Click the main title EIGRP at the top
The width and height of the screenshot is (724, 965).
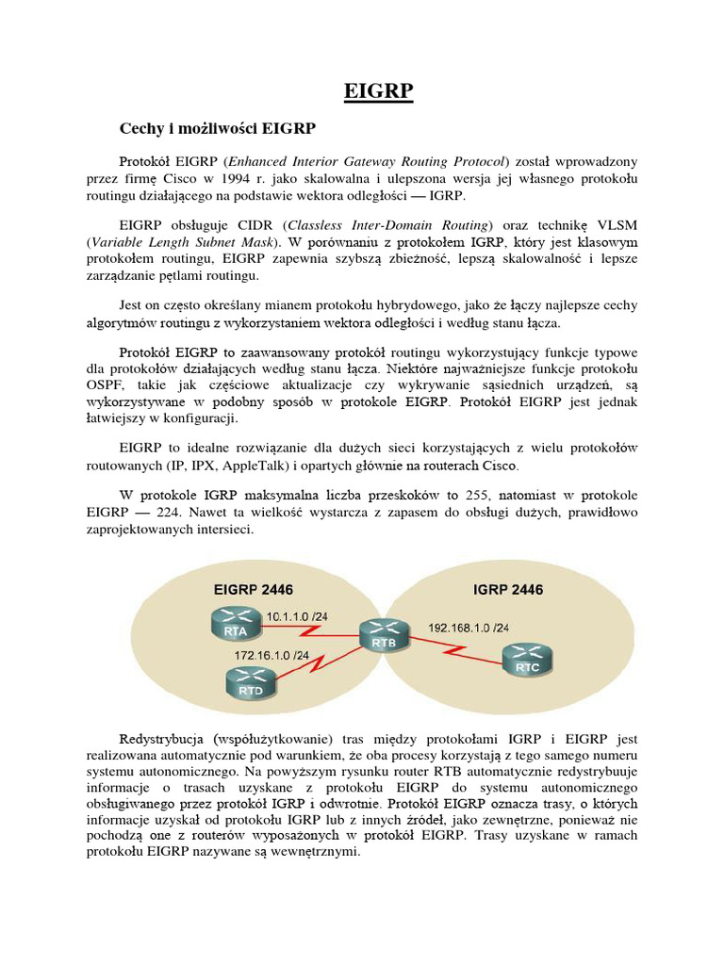click(x=376, y=92)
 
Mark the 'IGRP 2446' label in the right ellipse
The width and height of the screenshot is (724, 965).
click(x=506, y=590)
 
